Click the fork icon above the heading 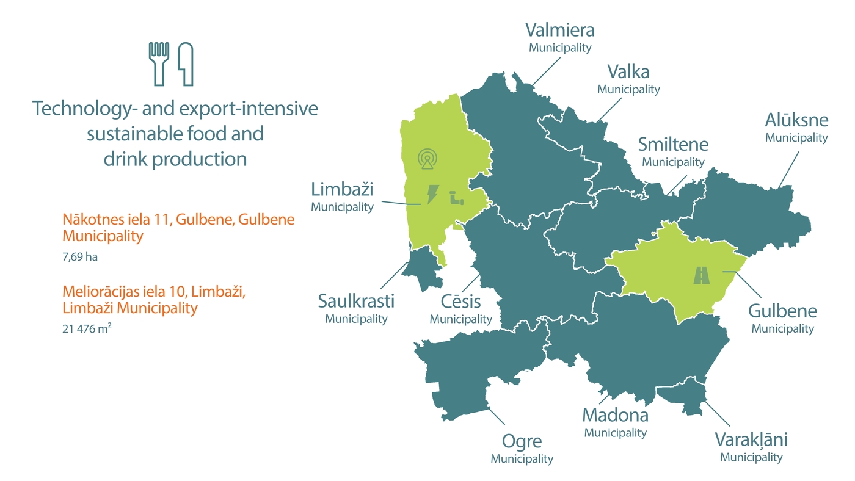coord(158,63)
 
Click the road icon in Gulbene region coord(702,276)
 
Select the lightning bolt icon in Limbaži coord(432,195)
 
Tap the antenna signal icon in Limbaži coord(428,159)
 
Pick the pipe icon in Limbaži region coord(456,198)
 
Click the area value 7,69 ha coord(79,257)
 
